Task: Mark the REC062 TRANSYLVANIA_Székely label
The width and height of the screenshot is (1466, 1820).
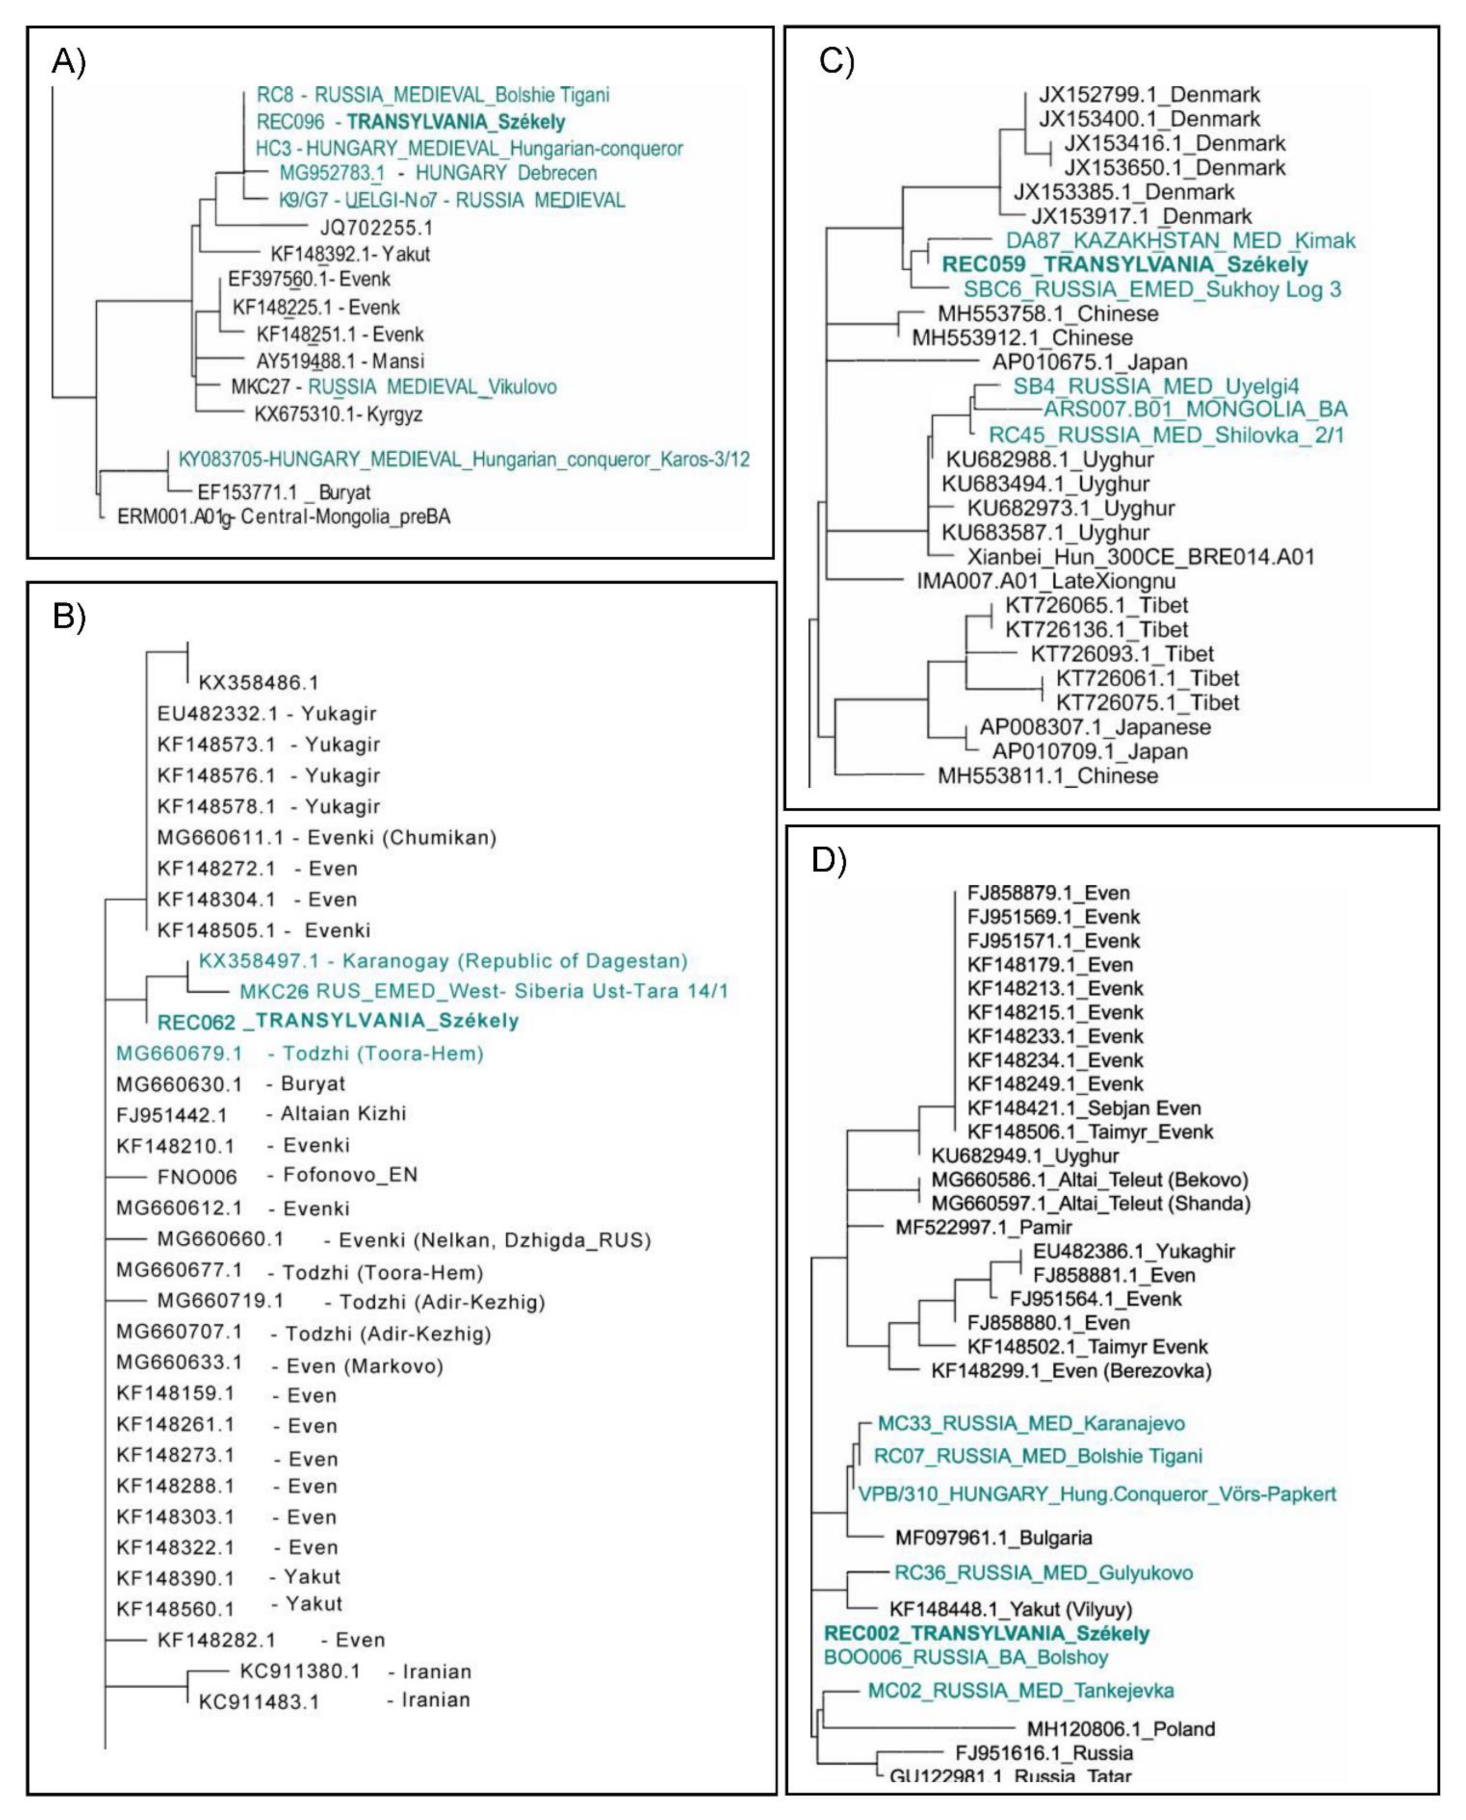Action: (338, 1021)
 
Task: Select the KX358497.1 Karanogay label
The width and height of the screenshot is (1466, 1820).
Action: (442, 961)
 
